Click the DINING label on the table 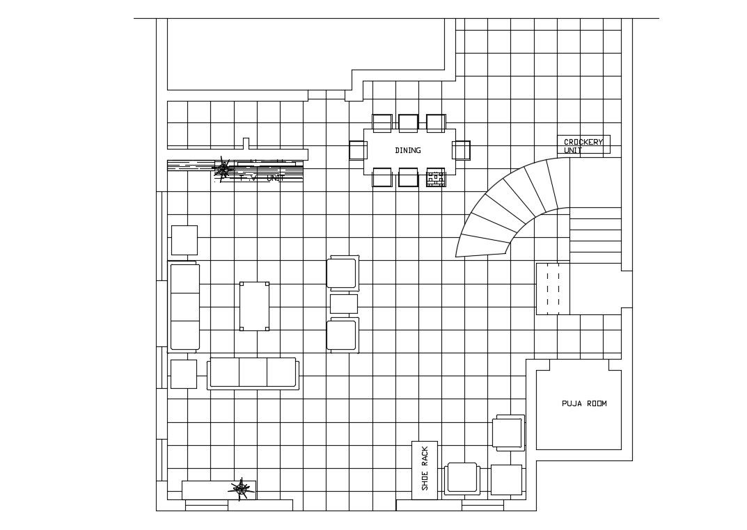(408, 150)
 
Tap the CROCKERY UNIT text (583, 145)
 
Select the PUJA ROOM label (584, 403)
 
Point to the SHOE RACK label (425, 469)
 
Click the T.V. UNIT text (261, 177)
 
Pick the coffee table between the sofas (254, 306)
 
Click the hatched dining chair (436, 178)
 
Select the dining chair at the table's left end (358, 150)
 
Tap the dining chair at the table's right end (461, 150)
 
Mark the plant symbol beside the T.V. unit (223, 168)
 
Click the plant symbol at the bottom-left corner (241, 489)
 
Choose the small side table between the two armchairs (343, 304)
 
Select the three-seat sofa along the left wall (184, 307)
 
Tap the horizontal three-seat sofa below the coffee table (253, 373)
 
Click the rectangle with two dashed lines (553, 289)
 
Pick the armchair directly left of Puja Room (508, 433)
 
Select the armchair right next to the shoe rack (462, 479)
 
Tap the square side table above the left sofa (184, 240)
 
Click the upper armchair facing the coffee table (343, 273)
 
